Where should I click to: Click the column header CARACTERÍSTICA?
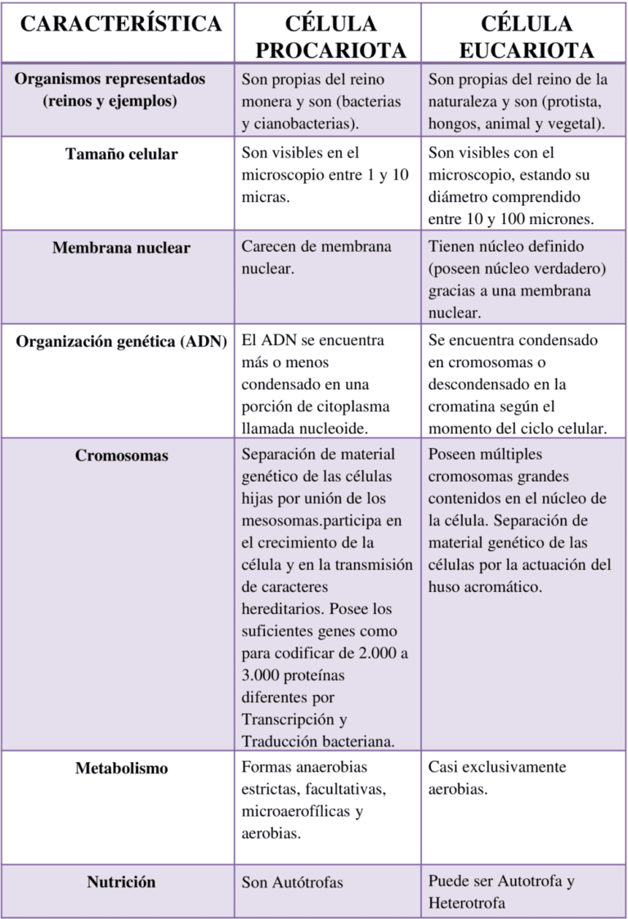[x=121, y=24]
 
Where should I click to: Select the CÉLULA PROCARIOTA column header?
[x=331, y=37]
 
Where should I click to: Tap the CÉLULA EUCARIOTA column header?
[x=527, y=37]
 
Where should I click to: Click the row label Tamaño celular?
[x=121, y=154]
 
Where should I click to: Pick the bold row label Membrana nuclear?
[x=121, y=248]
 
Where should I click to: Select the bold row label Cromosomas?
[x=121, y=455]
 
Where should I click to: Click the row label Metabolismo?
[x=121, y=769]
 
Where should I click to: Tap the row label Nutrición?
[x=121, y=882]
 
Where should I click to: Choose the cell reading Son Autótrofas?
[x=292, y=883]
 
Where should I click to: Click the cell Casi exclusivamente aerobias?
[x=497, y=778]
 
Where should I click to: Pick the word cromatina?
[x=463, y=406]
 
